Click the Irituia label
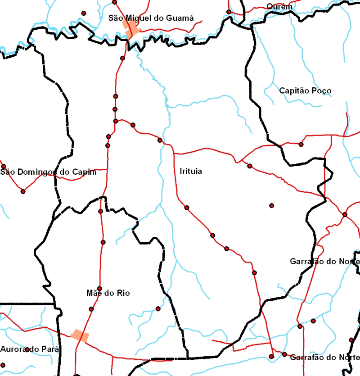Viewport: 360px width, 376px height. click(191, 172)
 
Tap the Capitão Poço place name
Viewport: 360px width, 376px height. click(305, 91)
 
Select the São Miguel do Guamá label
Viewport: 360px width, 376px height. click(151, 18)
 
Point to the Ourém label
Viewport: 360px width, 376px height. click(279, 7)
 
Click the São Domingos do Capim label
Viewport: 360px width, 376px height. click(49, 172)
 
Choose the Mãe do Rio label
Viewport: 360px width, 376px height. click(108, 293)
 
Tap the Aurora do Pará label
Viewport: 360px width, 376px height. click(29, 349)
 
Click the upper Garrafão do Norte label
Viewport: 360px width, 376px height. click(324, 262)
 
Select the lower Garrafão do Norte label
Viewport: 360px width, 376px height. click(324, 358)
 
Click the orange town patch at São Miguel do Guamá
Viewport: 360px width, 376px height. click(133, 32)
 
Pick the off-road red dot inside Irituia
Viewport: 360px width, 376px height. click(271, 205)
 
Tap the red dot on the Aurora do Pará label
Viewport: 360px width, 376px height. click(27, 349)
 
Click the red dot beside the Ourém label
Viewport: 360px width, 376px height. click(229, 12)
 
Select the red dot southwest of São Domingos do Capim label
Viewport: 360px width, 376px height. click(23, 191)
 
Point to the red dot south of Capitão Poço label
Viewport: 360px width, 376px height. click(301, 144)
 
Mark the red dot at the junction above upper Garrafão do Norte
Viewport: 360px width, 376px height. click(345, 214)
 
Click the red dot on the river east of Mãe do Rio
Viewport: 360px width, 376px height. click(158, 308)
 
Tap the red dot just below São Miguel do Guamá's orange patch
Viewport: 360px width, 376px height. click(122, 58)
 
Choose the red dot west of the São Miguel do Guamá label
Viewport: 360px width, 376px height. click(83, 13)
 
